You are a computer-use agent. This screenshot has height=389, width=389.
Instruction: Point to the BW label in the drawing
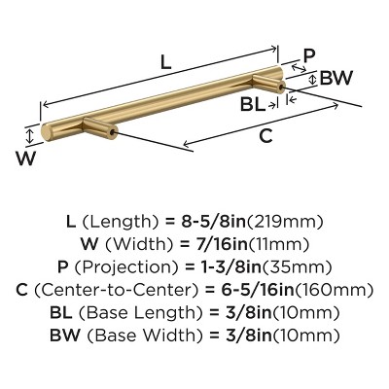tap(337, 79)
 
